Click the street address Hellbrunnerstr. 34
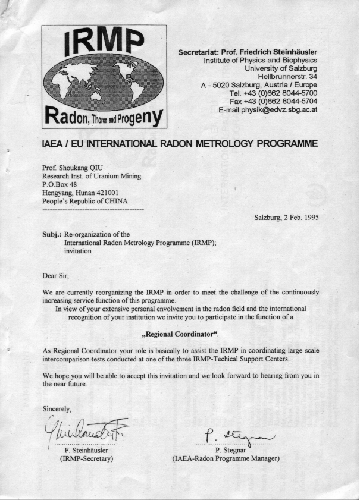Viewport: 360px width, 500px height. point(287,77)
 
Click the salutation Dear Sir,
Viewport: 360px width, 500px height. point(57,275)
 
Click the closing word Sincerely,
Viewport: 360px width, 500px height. point(58,408)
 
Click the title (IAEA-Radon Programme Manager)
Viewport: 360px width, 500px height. point(226,459)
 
